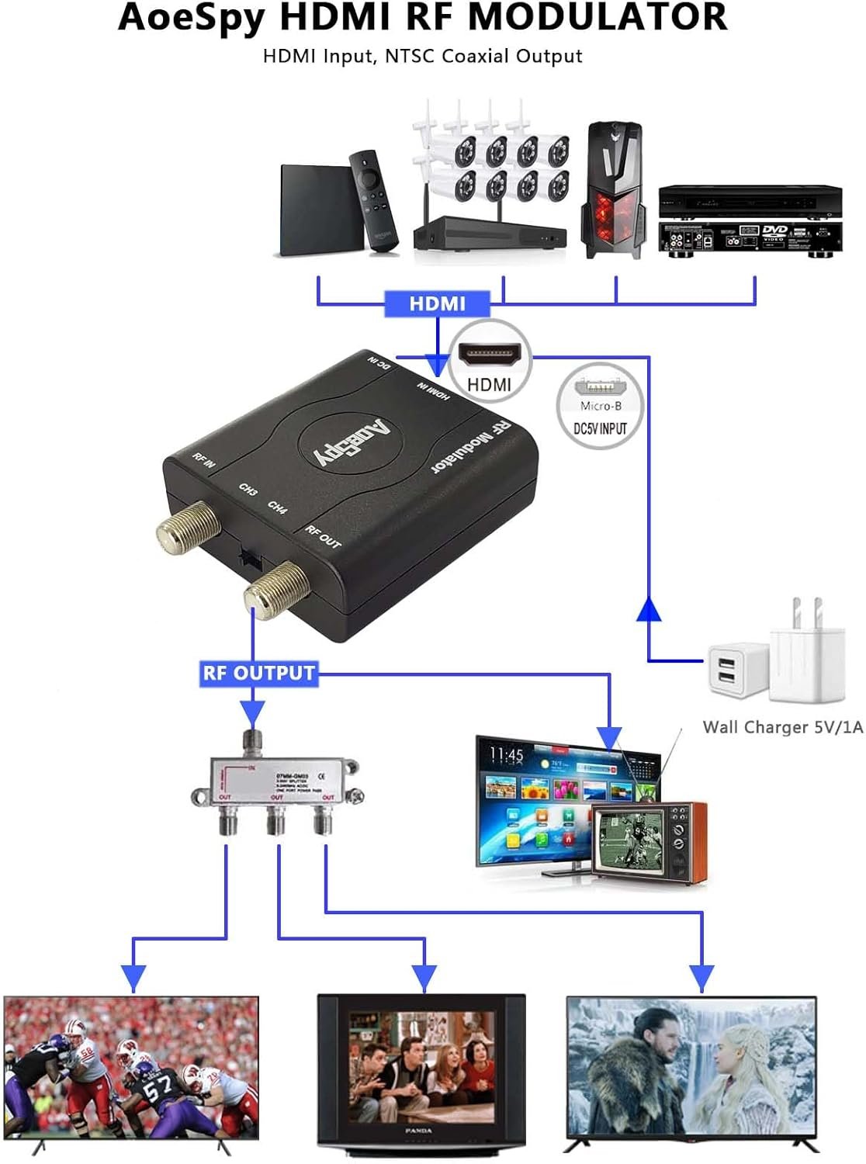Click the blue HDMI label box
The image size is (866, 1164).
[x=438, y=303]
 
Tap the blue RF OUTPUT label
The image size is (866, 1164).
[x=258, y=673]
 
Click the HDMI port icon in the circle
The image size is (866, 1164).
[x=489, y=355]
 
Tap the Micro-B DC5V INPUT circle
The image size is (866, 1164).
[x=600, y=407]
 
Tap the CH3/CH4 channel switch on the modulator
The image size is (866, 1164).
[x=248, y=558]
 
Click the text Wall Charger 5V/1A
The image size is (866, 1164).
[x=782, y=727]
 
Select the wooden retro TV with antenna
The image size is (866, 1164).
[x=650, y=840]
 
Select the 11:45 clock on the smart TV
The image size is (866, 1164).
[x=507, y=754]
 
